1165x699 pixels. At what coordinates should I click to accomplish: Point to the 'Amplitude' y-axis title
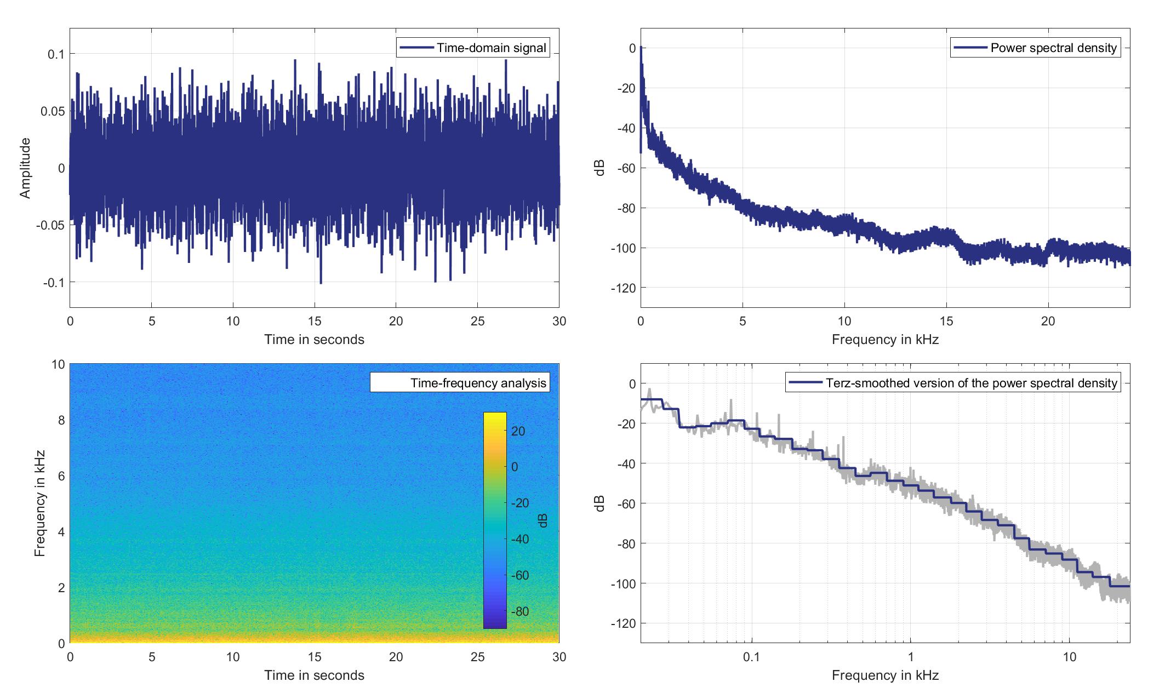coord(25,168)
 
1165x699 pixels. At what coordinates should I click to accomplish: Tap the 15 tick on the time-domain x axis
coord(315,321)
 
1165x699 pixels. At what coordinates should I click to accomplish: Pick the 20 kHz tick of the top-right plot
coord(1048,321)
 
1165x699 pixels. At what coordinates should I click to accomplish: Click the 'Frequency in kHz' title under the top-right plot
coord(885,340)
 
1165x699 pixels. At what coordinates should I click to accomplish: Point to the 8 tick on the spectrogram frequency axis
coord(59,420)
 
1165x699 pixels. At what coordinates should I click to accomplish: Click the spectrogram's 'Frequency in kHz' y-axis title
coord(39,503)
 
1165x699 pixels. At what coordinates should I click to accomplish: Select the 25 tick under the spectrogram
coord(477,657)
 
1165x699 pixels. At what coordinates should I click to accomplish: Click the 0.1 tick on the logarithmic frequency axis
coord(752,657)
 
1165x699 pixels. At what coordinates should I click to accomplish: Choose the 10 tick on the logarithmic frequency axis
coord(1070,657)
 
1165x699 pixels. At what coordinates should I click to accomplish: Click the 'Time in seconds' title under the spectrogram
coord(314,675)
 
